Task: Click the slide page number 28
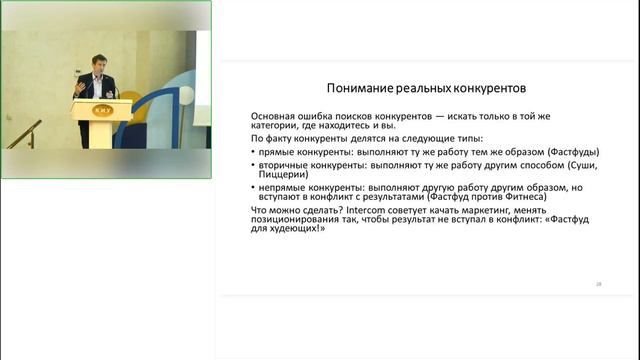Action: tap(597, 285)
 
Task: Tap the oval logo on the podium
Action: tap(102, 109)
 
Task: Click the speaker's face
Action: tap(99, 65)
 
